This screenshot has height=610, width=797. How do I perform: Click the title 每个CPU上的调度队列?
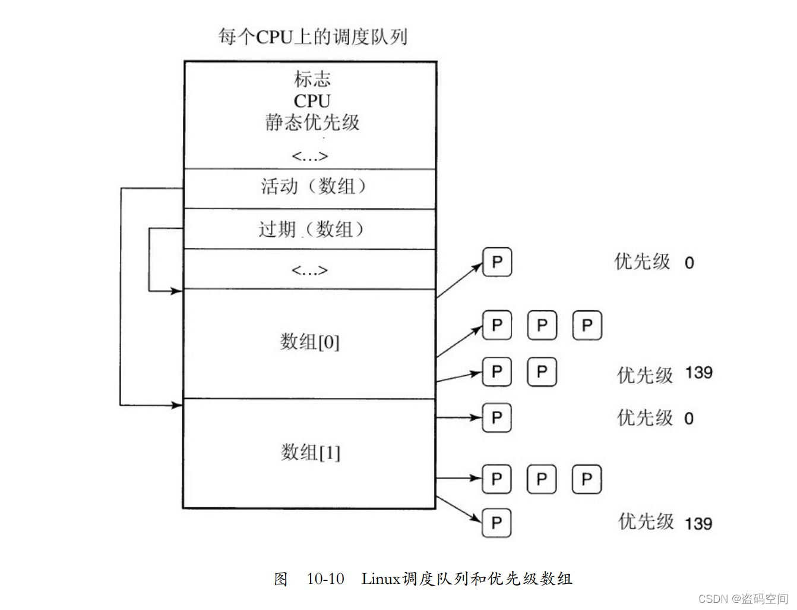pos(312,37)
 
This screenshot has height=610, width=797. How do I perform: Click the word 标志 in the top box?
pos(312,79)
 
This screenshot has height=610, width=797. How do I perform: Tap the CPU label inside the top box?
pos(312,100)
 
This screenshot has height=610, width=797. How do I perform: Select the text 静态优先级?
pos(312,122)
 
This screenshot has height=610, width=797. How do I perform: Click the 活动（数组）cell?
pos(312,187)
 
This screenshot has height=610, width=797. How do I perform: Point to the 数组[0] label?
pos(309,342)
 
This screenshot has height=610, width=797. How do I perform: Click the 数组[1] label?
pos(310,453)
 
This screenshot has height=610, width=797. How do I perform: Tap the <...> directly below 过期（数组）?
pos(309,271)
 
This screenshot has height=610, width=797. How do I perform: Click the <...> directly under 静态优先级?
pos(309,156)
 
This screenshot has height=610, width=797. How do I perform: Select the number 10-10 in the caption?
pos(325,578)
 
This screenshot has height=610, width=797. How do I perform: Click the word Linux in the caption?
pos(380,578)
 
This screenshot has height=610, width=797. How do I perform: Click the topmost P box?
pos(497,262)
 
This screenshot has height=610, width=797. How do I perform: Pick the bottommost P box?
pos(496,523)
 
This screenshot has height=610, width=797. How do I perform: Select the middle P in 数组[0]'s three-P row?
pos(542,326)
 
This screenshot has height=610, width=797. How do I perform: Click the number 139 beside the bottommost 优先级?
pos(698,524)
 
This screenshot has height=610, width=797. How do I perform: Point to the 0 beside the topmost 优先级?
pos(689,263)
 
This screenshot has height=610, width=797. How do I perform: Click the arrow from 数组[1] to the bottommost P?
pos(458,510)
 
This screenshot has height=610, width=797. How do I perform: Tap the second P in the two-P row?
pos(542,372)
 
